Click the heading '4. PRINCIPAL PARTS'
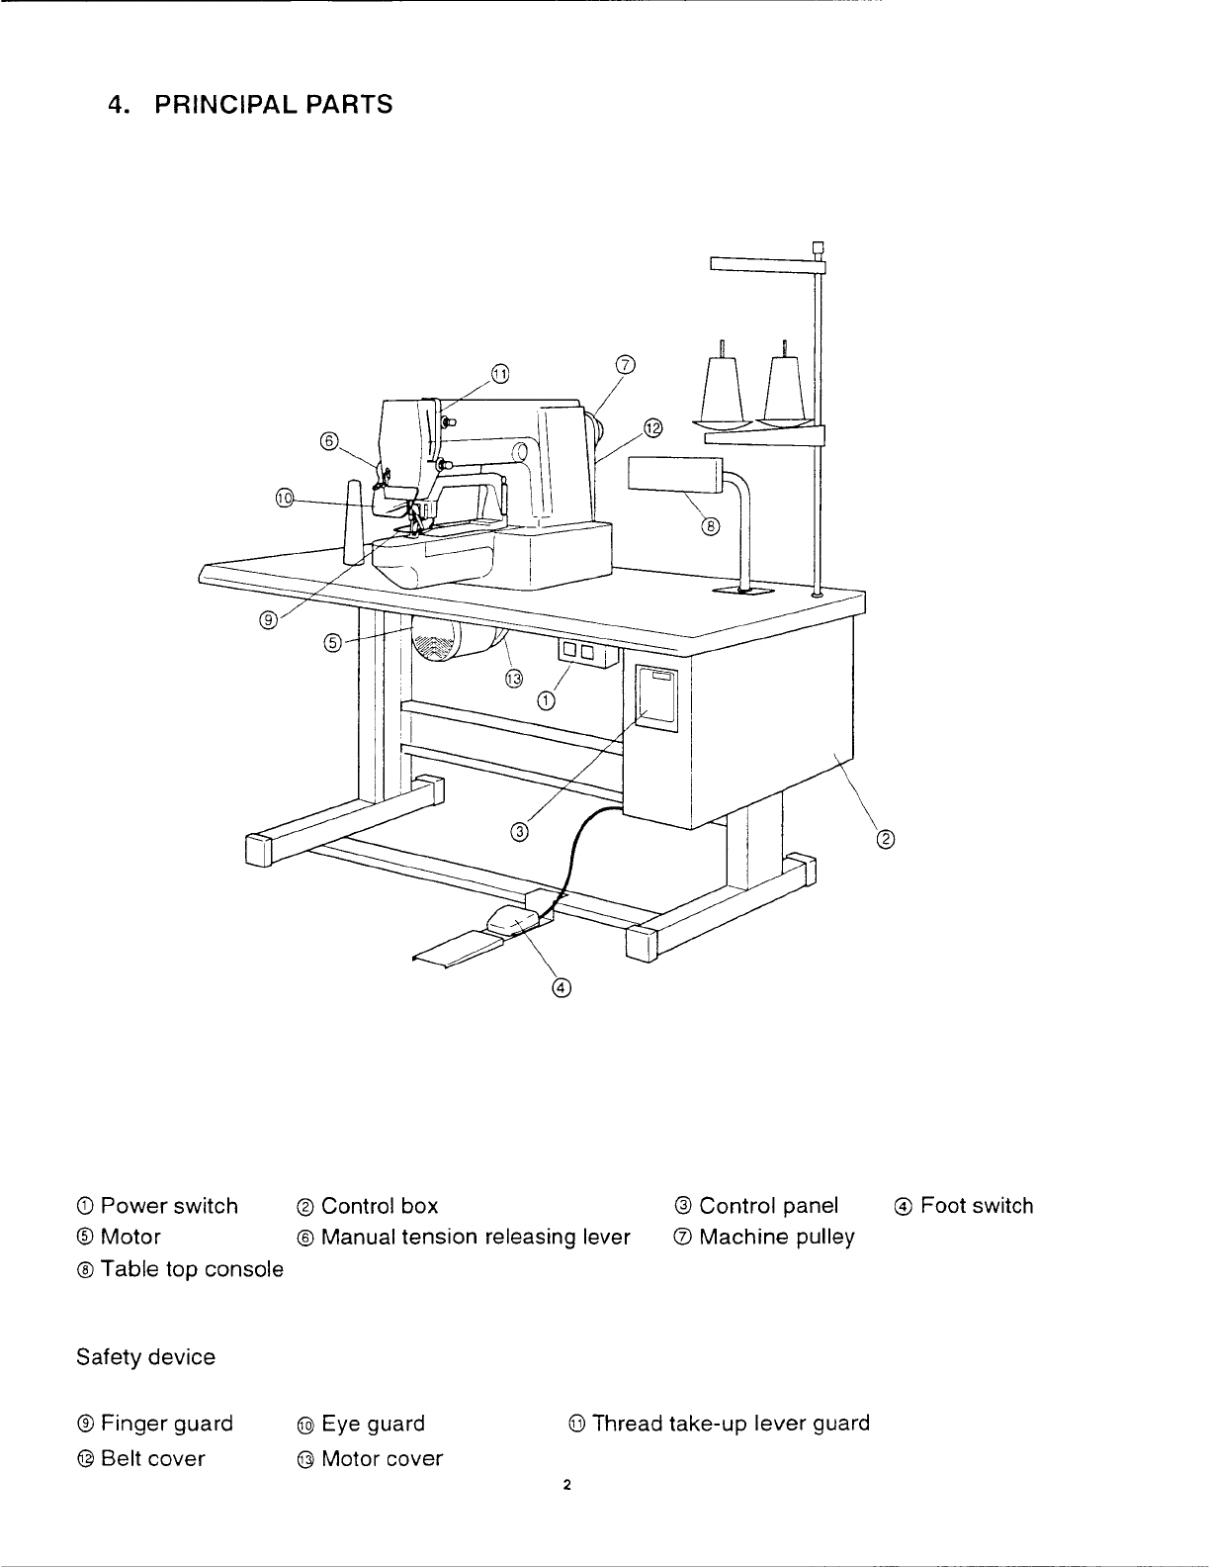[248, 104]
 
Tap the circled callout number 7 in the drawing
[625, 364]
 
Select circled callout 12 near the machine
[652, 427]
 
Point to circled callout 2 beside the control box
[886, 841]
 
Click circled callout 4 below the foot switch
[562, 987]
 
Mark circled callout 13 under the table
[512, 678]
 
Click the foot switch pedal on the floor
[510, 922]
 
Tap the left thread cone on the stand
[723, 386]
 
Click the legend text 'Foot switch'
[977, 1206]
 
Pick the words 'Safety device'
[145, 1357]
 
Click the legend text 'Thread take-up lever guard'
[731, 1424]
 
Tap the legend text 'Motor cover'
[383, 1459]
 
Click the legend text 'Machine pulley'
[777, 1238]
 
